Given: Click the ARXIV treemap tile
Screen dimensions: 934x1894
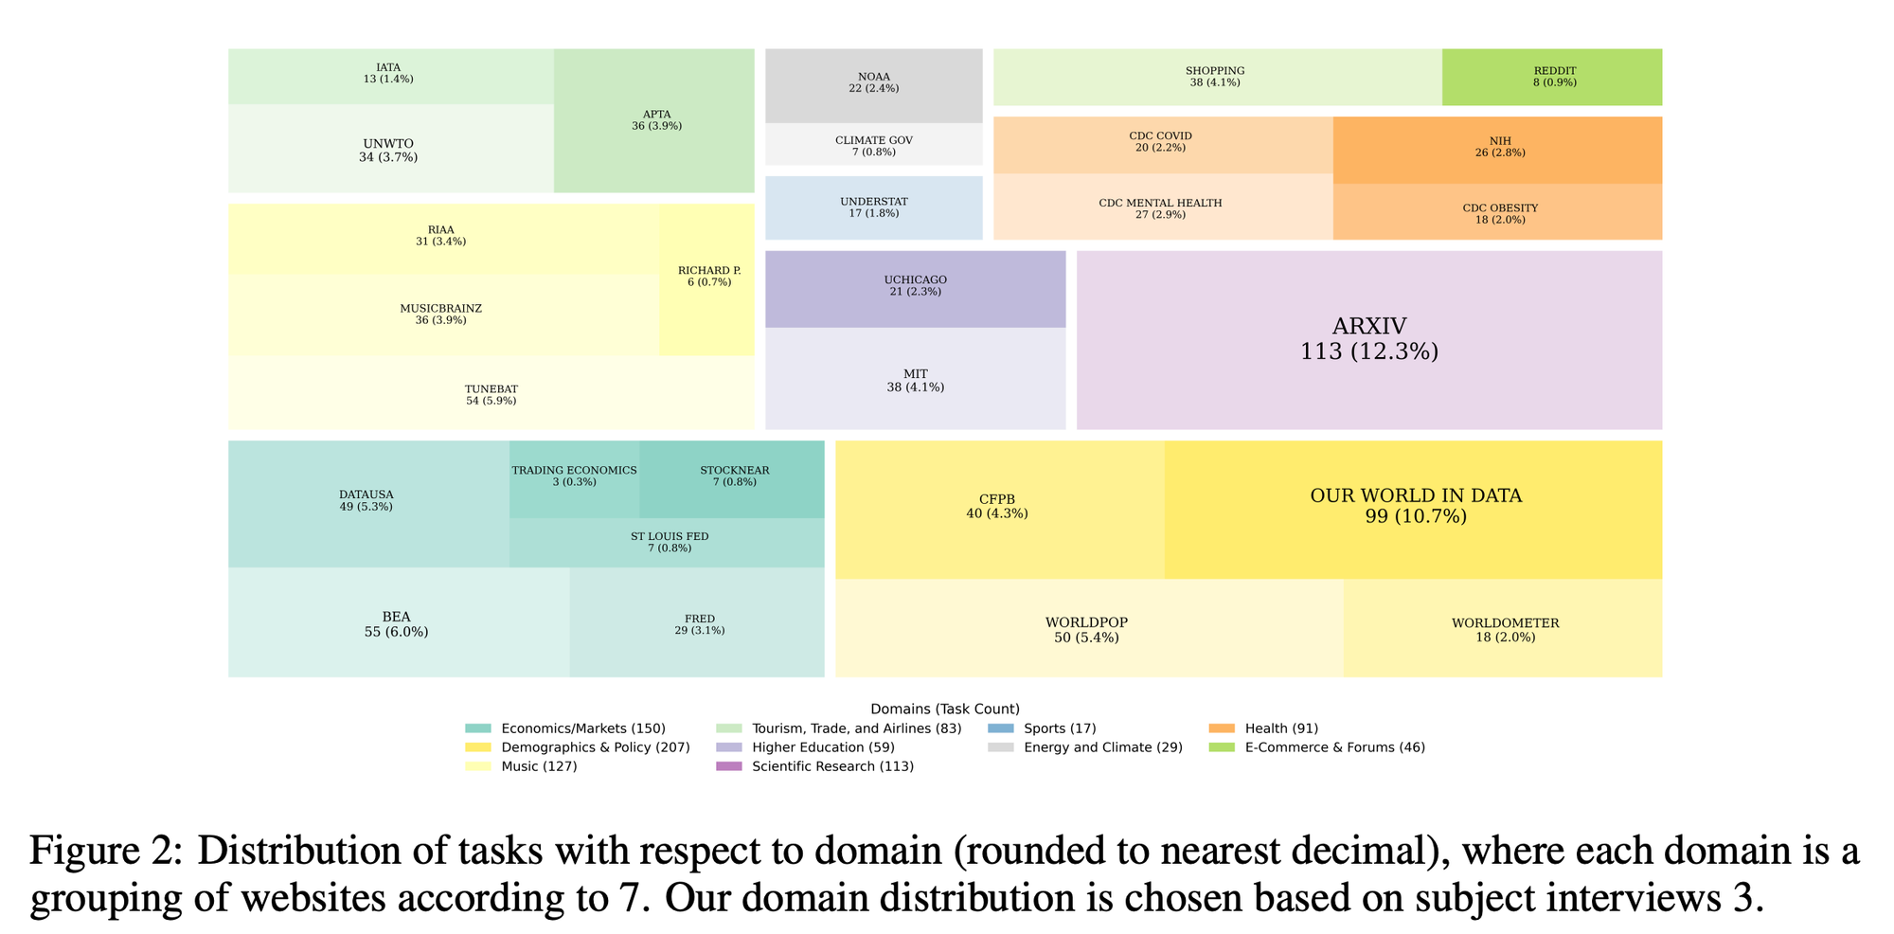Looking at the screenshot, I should pyautogui.click(x=1368, y=339).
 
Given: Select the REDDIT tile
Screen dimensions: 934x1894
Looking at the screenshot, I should pyautogui.click(x=1552, y=77).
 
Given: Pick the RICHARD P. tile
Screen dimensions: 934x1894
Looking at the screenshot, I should pyautogui.click(x=707, y=279).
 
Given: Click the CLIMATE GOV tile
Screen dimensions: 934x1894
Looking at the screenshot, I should pyautogui.click(x=873, y=145).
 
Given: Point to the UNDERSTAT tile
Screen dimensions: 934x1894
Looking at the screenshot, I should pyautogui.click(x=873, y=207).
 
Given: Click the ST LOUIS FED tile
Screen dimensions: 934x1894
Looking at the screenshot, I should pyautogui.click(x=669, y=543).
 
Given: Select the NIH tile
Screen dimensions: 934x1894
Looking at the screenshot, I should pyautogui.click(x=1497, y=149).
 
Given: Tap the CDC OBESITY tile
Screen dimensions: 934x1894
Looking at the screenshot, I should pyautogui.click(x=1497, y=212).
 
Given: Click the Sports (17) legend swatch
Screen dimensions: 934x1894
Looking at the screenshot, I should pyautogui.click(x=1000, y=728).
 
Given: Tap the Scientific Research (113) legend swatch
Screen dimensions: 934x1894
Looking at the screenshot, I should pyautogui.click(x=729, y=766).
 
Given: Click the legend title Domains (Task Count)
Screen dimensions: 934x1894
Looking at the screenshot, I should pyautogui.click(x=944, y=709).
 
